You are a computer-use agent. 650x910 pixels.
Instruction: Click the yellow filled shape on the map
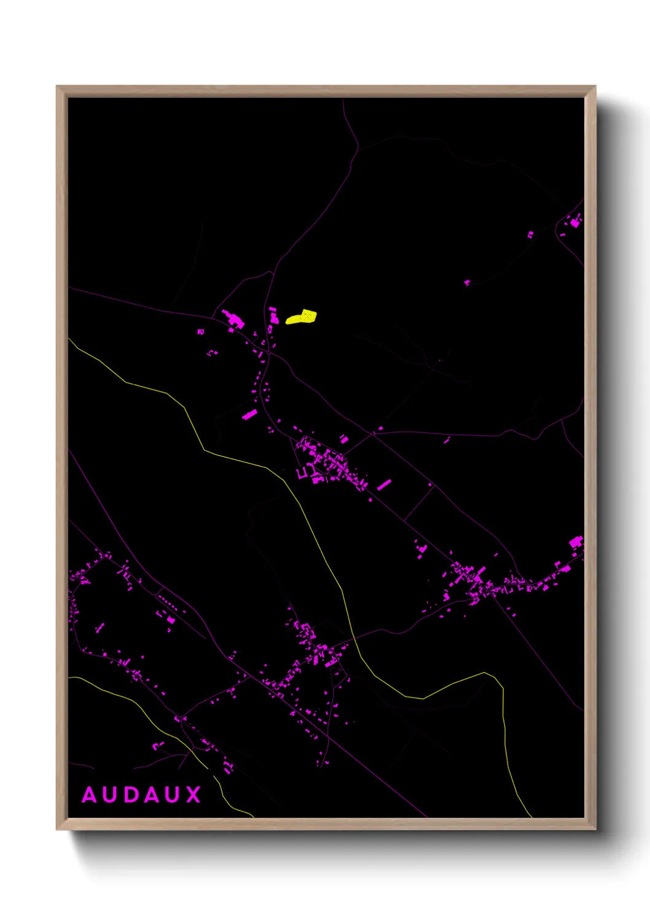302,317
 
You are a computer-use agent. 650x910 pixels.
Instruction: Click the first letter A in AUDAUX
90,795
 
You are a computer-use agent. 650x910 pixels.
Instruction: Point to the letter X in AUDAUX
194,795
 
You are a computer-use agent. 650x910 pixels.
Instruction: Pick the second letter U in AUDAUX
174,795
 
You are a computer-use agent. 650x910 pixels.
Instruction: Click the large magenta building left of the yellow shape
233,319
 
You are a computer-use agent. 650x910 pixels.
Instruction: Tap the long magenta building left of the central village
249,414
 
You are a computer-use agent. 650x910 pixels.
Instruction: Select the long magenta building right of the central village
384,485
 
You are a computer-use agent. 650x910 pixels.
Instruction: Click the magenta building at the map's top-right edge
576,222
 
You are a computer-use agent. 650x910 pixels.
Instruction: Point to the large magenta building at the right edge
576,542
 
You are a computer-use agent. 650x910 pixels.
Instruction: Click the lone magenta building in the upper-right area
467,282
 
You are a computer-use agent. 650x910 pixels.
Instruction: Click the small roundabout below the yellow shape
268,352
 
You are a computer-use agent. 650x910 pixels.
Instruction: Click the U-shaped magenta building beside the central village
302,473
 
